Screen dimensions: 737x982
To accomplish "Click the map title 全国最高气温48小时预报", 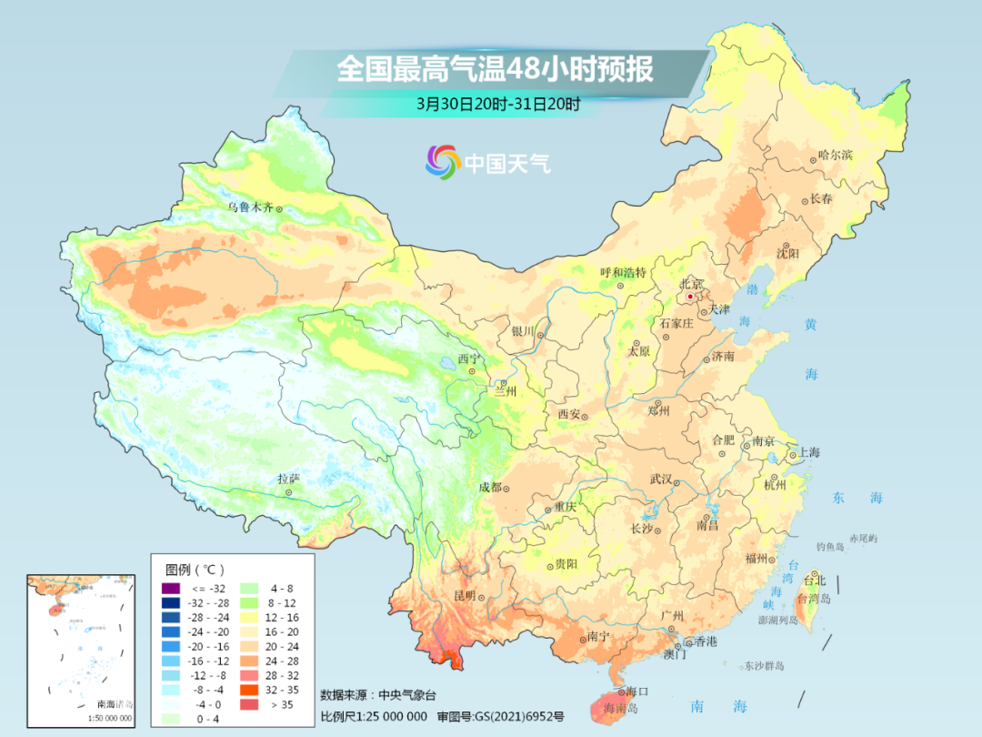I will tap(495, 69).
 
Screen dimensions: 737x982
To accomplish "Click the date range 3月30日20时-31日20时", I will tap(497, 104).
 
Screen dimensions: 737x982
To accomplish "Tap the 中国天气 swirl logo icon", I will tap(443, 162).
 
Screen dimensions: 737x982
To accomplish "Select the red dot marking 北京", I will tap(690, 297).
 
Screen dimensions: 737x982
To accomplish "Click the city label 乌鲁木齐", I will tap(250, 207).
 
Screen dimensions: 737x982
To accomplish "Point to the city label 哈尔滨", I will tap(835, 156).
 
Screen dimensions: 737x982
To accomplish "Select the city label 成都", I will tap(490, 487).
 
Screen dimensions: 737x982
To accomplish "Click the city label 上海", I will tap(808, 452).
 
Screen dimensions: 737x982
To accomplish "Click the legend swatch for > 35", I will tap(247, 703).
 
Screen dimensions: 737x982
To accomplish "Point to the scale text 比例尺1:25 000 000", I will tap(374, 718).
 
